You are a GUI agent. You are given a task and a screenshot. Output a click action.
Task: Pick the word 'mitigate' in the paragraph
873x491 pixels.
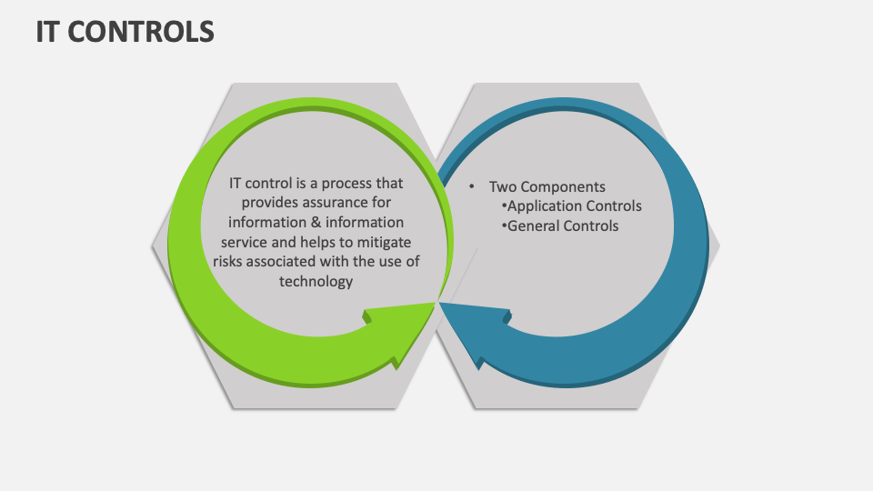[x=383, y=243]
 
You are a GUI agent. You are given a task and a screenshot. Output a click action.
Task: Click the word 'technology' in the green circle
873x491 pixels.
[x=316, y=282]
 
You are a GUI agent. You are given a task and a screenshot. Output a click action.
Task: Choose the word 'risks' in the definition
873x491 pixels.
[x=231, y=263]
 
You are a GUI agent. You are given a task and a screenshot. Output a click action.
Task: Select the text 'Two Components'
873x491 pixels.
[x=547, y=186]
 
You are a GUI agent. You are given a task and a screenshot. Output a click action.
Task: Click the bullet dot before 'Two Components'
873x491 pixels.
[x=472, y=185]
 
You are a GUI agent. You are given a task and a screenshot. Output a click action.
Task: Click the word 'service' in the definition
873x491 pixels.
[x=246, y=243]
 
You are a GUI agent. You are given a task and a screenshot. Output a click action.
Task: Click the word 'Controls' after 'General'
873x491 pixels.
[x=590, y=225]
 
